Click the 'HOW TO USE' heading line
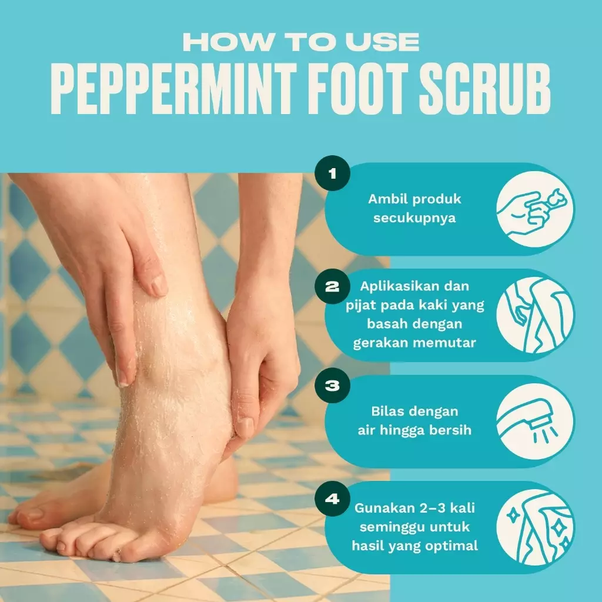point(301,42)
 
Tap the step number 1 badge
point(332,173)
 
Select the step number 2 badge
point(332,286)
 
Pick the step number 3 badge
point(332,386)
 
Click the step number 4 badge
point(332,499)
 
